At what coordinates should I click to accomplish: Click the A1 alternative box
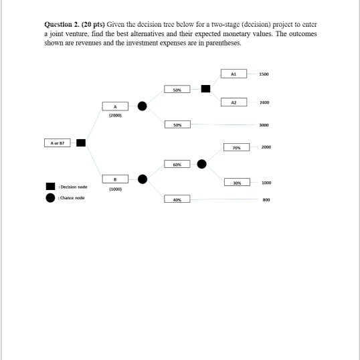pyautogui.click(x=234, y=74)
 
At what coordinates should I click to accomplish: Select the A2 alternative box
pyautogui.click(x=234, y=102)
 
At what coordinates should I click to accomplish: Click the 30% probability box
pyautogui.click(x=234, y=182)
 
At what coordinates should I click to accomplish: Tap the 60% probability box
pyautogui.click(x=177, y=163)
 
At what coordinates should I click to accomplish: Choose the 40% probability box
pyautogui.click(x=177, y=199)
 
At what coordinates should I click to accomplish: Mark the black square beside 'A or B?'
pyautogui.click(x=80, y=143)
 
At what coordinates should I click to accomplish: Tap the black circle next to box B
pyautogui.click(x=142, y=179)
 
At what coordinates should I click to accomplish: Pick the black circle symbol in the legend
pyautogui.click(x=50, y=197)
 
